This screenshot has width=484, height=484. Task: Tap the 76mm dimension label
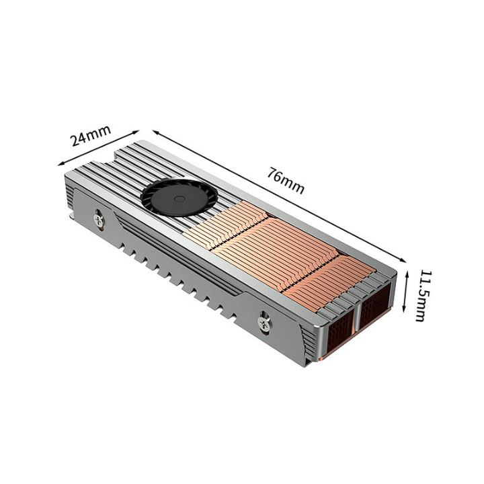tap(286, 180)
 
